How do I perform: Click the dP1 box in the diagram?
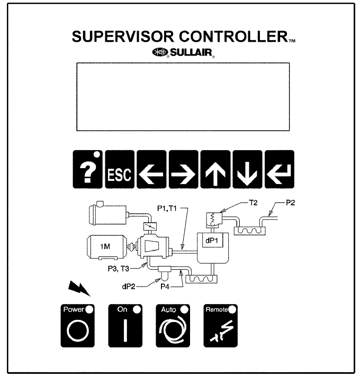(204, 239)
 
